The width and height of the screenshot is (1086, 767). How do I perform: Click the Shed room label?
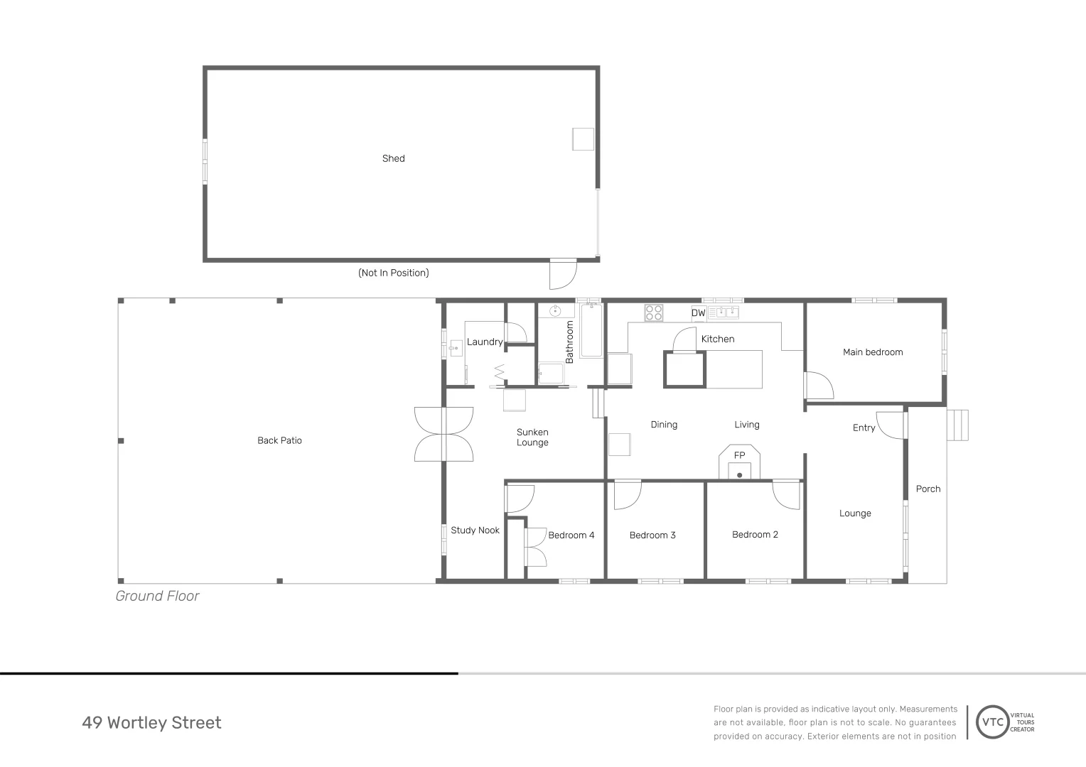pyautogui.click(x=393, y=158)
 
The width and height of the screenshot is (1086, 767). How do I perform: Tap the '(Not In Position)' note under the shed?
pyautogui.click(x=393, y=273)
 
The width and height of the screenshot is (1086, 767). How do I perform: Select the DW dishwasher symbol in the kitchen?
pyautogui.click(x=698, y=313)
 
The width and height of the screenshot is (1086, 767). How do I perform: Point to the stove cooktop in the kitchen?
pyautogui.click(x=654, y=313)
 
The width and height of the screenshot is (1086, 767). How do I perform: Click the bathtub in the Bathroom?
pyautogui.click(x=591, y=331)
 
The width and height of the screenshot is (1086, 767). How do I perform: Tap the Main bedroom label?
pyautogui.click(x=872, y=352)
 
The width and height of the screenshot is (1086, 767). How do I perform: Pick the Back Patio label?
pyautogui.click(x=279, y=440)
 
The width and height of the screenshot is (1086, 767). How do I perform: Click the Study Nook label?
pyautogui.click(x=475, y=531)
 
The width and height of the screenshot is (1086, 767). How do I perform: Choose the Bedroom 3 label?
pyautogui.click(x=652, y=535)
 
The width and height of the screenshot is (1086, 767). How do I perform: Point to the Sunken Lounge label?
pyautogui.click(x=532, y=437)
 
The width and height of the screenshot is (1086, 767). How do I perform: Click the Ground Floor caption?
pyautogui.click(x=157, y=597)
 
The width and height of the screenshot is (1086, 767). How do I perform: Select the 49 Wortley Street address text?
pyautogui.click(x=151, y=723)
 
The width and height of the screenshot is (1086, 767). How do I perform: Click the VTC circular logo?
pyautogui.click(x=993, y=722)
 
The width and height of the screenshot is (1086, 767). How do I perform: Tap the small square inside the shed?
pyautogui.click(x=583, y=139)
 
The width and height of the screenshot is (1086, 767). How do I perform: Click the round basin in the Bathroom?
pyautogui.click(x=555, y=311)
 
